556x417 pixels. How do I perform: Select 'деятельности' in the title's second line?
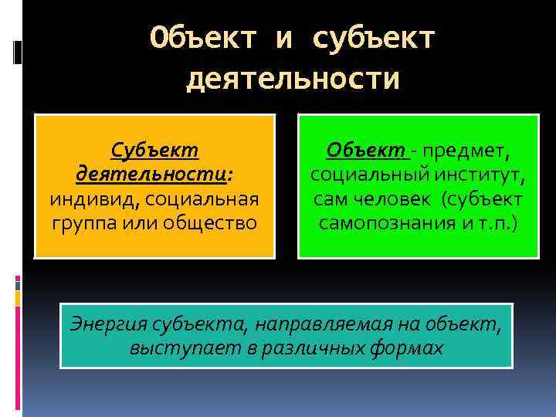click(293, 78)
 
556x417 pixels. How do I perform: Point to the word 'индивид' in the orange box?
click(84, 199)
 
